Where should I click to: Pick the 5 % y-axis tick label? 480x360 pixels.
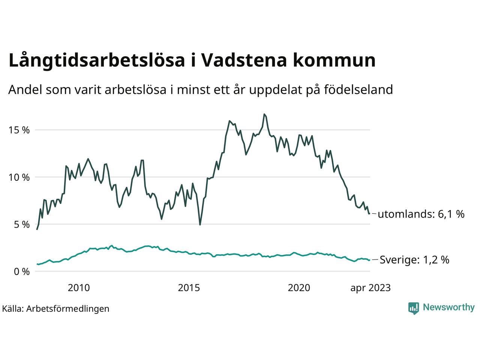click(22, 225)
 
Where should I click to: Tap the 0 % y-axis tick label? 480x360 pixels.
click(22, 271)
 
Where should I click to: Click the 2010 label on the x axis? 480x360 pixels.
click(79, 288)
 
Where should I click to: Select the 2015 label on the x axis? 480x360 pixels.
click(189, 288)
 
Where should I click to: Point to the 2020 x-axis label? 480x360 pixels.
click(299, 288)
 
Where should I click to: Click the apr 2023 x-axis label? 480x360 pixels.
click(370, 288)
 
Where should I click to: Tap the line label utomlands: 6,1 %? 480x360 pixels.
click(421, 214)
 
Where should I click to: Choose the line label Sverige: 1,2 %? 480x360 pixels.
click(414, 260)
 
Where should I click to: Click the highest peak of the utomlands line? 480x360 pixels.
click(264, 114)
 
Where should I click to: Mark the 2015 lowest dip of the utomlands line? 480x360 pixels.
click(200, 225)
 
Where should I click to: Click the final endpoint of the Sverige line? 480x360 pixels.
click(369, 260)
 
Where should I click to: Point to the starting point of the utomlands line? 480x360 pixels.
click(37, 229)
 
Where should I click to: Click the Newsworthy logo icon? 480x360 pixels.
click(413, 308)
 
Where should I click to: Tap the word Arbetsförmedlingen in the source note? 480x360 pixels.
click(68, 309)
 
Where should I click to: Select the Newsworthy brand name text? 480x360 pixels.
click(448, 307)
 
